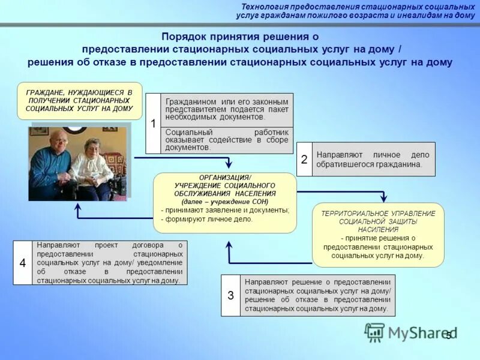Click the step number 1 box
point(153,123)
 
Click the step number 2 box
point(304,159)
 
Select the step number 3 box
point(230,295)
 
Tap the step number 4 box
point(22,263)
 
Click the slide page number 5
point(448,335)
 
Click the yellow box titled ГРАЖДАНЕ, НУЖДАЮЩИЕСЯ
point(79,101)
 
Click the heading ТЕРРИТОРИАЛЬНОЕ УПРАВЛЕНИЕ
point(378,214)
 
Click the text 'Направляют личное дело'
point(373,155)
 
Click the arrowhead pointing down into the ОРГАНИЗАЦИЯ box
point(228,164)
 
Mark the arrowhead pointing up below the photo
point(77,207)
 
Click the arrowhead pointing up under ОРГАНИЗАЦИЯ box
point(228,245)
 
